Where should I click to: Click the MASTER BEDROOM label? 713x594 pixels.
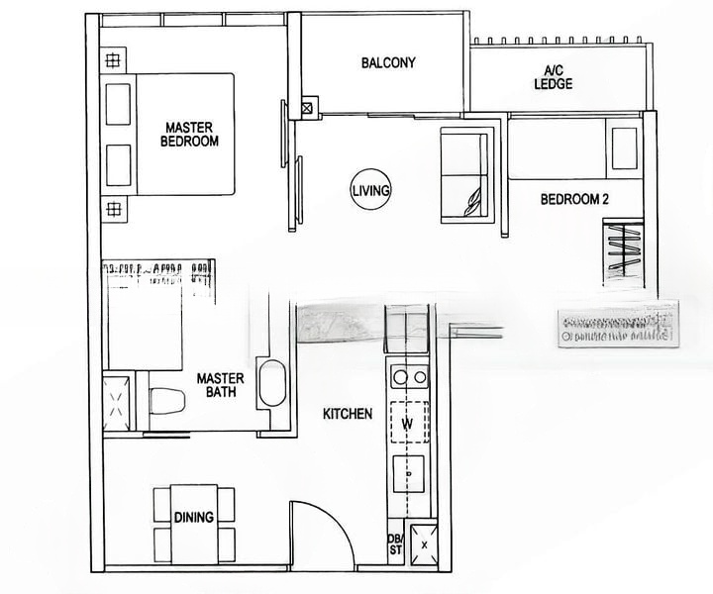click(190, 134)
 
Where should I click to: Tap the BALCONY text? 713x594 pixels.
click(387, 63)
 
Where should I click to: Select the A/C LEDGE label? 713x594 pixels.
click(553, 78)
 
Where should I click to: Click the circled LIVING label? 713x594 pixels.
click(371, 189)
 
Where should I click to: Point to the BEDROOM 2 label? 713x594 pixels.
click(573, 199)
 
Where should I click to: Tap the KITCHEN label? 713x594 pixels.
click(347, 413)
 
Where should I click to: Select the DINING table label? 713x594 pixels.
click(194, 516)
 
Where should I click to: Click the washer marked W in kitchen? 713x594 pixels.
click(407, 425)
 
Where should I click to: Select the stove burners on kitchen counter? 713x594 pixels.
click(409, 377)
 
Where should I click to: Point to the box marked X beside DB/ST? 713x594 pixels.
click(425, 544)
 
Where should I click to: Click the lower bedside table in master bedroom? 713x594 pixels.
click(112, 209)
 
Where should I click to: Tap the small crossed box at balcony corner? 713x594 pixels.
click(307, 107)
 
